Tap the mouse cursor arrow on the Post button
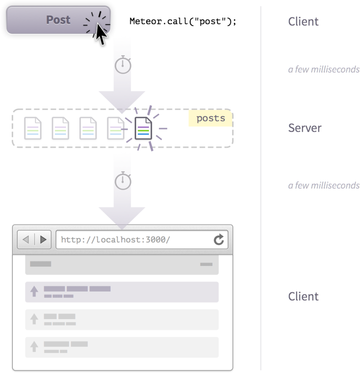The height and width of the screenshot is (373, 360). pos(101,34)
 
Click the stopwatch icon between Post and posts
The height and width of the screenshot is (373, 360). pos(123,65)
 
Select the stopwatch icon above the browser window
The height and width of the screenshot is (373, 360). pos(123,181)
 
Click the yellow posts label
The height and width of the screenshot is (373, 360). pos(210,119)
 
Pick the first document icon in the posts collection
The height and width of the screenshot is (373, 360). pos(33,128)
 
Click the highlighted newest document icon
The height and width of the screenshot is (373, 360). pos(144,128)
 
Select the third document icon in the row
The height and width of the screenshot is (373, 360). pos(88,128)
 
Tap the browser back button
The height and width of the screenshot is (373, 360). pos(26,240)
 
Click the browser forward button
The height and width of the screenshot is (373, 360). pos(43,240)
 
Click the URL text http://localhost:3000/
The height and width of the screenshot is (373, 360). pos(115,240)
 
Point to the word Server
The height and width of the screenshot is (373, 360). pos(305,128)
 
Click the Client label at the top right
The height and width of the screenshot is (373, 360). pos(303,22)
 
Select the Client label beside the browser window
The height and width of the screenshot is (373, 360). pos(303,296)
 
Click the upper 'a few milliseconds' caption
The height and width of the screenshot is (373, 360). pos(324,70)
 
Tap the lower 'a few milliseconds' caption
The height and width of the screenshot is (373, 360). pos(324,185)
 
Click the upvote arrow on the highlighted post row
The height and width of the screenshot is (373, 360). pos(34,291)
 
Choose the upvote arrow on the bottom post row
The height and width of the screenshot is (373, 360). pos(34,346)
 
